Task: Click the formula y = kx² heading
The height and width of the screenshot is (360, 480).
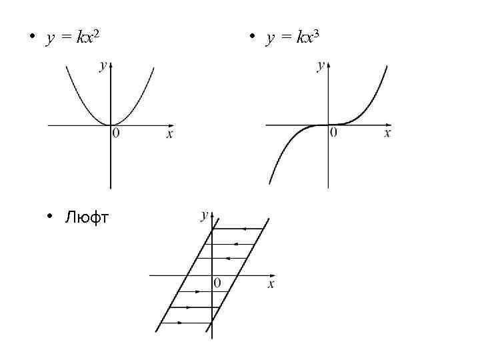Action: [73, 38]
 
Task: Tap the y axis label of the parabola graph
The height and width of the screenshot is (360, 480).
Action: [102, 65]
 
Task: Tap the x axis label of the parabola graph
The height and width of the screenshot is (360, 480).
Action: [169, 134]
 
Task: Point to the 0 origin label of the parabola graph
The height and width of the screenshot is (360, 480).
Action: [117, 134]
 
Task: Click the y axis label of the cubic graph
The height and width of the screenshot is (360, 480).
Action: [321, 65]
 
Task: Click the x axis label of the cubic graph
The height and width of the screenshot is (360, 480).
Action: [387, 133]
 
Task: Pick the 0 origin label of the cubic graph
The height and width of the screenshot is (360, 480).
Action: [334, 133]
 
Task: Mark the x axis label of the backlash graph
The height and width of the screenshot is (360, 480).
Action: [271, 284]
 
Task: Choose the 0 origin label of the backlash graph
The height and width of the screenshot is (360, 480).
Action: [217, 283]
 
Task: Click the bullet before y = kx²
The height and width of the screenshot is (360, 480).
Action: [31, 37]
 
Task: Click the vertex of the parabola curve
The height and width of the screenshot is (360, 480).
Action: [111, 125]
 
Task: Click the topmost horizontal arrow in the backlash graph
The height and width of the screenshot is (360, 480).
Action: [240, 229]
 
